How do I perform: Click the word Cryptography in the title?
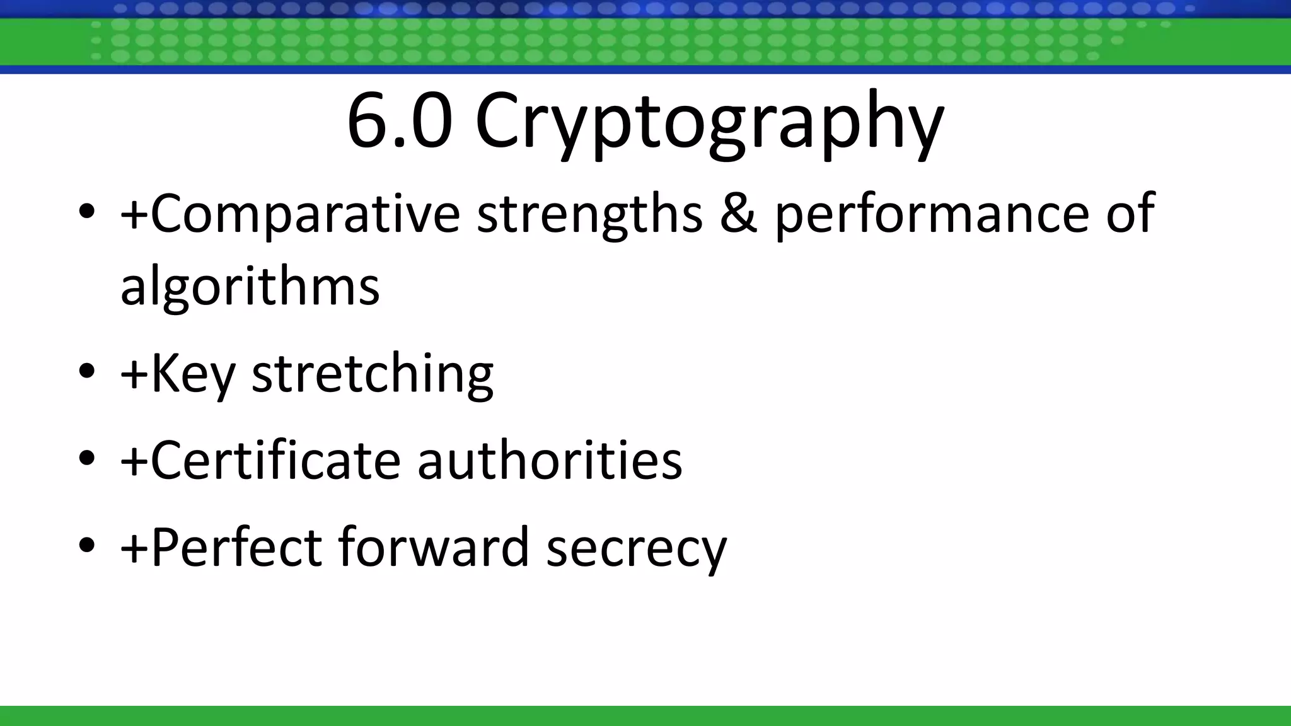(x=709, y=123)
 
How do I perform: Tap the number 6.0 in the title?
(x=400, y=121)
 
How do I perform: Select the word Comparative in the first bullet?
(x=306, y=214)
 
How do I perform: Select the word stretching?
(x=373, y=375)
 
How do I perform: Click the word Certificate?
(x=275, y=460)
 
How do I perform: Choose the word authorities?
(x=550, y=460)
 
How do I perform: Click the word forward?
(x=434, y=546)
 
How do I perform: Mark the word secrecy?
(x=637, y=548)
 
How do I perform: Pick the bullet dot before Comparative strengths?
(x=87, y=210)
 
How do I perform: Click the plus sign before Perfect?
(x=134, y=548)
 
